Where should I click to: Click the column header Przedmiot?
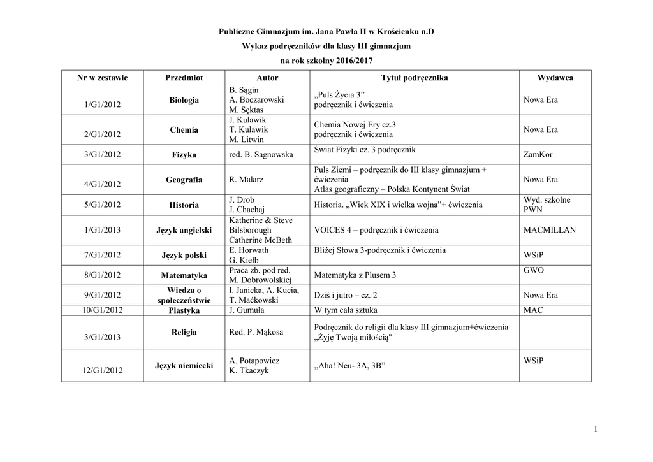click(184, 78)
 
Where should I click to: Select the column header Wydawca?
click(555, 78)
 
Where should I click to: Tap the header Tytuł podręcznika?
click(415, 78)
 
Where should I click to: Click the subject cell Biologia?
click(184, 100)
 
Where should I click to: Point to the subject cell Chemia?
click(184, 130)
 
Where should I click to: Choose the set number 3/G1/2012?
click(102, 155)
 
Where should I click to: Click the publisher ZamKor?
click(537, 155)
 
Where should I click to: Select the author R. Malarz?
click(246, 180)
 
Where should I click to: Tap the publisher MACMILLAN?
click(549, 230)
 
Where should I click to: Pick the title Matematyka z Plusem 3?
click(355, 275)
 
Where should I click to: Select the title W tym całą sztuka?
click(346, 310)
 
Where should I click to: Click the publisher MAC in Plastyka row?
click(533, 310)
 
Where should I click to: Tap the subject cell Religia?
click(184, 333)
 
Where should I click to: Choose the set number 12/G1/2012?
click(102, 370)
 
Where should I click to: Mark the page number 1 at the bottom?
click(594, 431)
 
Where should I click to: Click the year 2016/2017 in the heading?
click(349, 60)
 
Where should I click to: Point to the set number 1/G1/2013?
click(102, 230)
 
